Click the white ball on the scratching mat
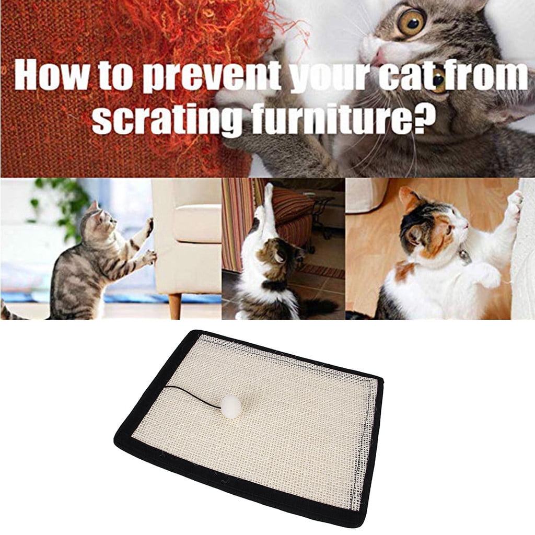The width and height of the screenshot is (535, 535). coord(229,406)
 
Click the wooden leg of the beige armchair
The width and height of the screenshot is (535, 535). coord(175,306)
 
